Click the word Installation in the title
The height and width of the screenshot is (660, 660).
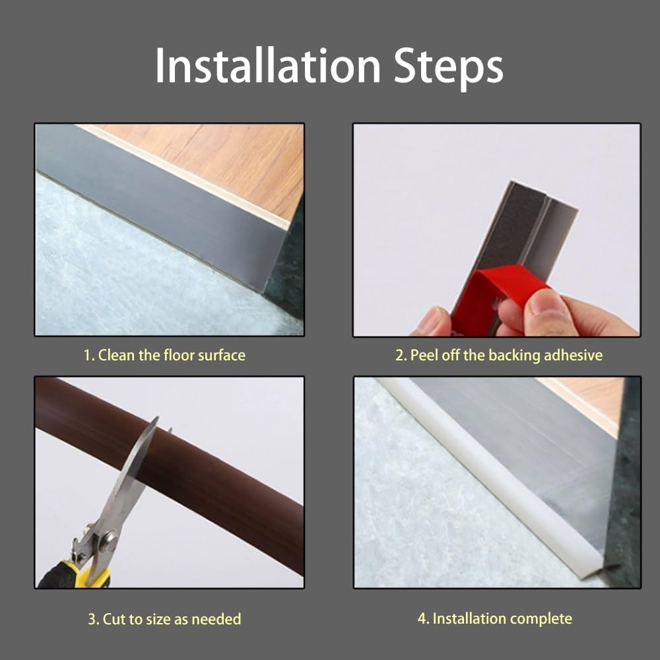(x=268, y=65)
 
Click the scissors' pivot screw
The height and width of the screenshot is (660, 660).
(x=109, y=540)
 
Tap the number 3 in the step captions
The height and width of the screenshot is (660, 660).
(x=92, y=620)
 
